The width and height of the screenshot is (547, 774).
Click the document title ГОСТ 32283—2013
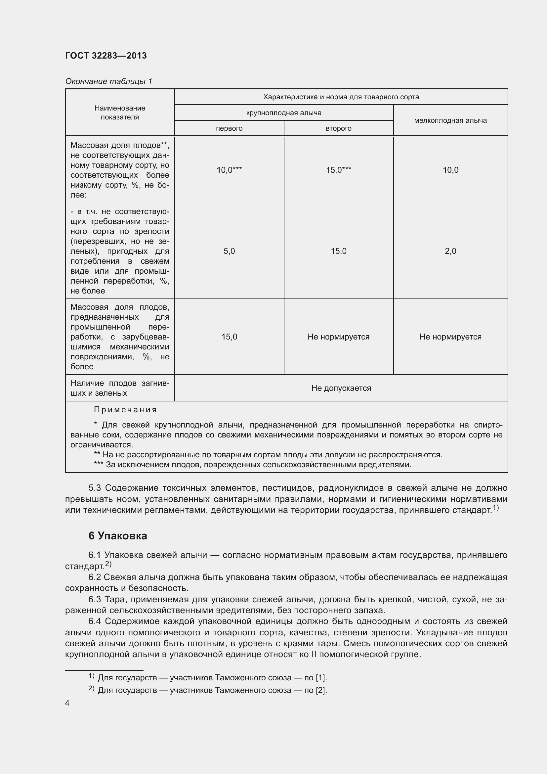pyautogui.click(x=106, y=56)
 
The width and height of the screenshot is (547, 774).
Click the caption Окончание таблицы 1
pyautogui.click(x=108, y=81)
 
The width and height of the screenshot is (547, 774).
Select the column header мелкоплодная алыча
pyautogui.click(x=450, y=120)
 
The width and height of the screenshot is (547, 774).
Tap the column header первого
pyautogui.click(x=229, y=128)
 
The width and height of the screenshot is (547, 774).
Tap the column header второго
pyautogui.click(x=338, y=128)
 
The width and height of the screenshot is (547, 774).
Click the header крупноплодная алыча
pyautogui.click(x=284, y=113)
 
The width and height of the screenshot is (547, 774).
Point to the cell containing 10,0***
pyautogui.click(x=229, y=170)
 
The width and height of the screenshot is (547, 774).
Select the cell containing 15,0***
pyautogui.click(x=338, y=170)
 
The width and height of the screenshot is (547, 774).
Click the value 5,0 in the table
pyautogui.click(x=229, y=251)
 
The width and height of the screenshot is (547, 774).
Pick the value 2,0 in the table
pyautogui.click(x=450, y=251)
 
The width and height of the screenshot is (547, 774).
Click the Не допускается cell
pyautogui.click(x=341, y=388)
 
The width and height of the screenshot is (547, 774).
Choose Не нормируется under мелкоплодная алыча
pyautogui.click(x=450, y=337)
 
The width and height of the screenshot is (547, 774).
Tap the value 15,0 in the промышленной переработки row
pyautogui.click(x=229, y=337)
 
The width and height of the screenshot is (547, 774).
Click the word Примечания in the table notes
pyautogui.click(x=125, y=410)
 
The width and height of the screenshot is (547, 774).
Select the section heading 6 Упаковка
pyautogui.click(x=117, y=536)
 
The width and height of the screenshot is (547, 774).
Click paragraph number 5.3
pyautogui.click(x=95, y=488)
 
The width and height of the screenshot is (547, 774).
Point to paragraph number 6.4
pyautogui.click(x=95, y=621)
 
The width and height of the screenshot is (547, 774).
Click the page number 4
pyautogui.click(x=67, y=703)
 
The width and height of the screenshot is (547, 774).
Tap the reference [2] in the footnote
pyautogui.click(x=320, y=690)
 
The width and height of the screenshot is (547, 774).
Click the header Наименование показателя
pyautogui.click(x=120, y=113)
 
